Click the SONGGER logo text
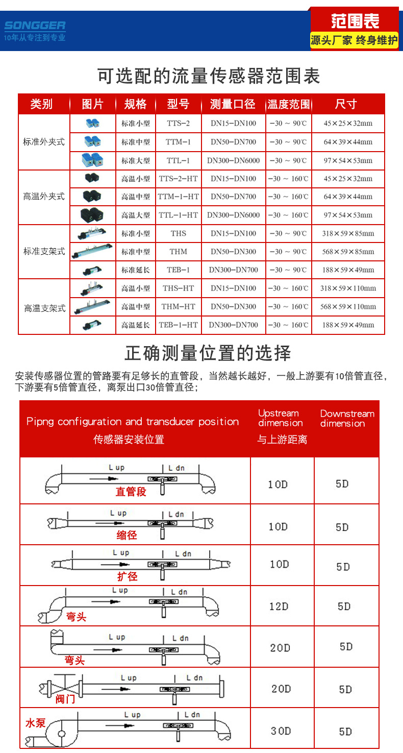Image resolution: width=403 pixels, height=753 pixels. point(35,26)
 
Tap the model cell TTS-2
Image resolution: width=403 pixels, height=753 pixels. point(179,124)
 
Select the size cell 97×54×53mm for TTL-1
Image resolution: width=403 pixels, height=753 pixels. point(348,161)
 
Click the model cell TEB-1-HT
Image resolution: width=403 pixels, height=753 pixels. point(179,325)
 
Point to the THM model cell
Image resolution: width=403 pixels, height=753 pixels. point(179,252)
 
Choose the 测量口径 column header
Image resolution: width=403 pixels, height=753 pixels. point(233,104)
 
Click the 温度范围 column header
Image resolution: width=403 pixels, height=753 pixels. point(289,104)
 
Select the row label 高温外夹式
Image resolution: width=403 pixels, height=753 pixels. point(44,197)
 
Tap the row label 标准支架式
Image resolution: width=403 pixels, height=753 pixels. point(44,251)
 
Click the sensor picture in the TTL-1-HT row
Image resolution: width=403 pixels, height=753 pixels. point(92,215)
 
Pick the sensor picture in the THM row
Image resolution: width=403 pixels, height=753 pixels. point(92,251)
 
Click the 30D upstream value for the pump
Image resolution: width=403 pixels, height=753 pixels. point(281,731)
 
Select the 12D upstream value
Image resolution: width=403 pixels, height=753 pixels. point(279,606)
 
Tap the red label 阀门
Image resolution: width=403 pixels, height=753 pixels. point(65,699)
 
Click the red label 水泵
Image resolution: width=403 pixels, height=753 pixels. point(35,723)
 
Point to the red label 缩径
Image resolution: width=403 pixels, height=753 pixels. point(127,535)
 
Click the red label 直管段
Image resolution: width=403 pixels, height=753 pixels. point(131,492)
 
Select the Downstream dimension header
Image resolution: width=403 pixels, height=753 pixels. point(347,418)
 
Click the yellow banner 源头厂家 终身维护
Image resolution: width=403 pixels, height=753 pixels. point(354,40)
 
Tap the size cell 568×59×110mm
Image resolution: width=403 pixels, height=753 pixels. point(348,307)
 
